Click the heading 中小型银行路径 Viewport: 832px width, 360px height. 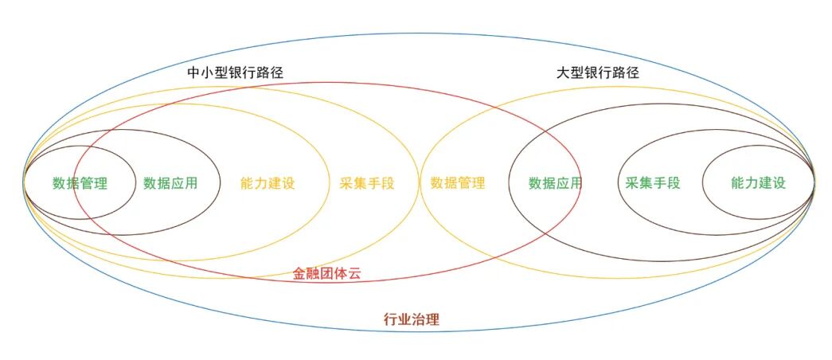click(x=235, y=72)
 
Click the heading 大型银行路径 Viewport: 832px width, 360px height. click(x=597, y=72)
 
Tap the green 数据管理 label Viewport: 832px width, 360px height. click(x=80, y=183)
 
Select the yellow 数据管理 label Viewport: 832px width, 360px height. click(x=458, y=183)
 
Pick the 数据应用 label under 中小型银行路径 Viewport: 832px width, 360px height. click(x=170, y=183)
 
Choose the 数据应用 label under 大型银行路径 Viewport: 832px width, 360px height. click(x=556, y=183)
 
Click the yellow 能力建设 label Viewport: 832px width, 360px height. click(x=268, y=183)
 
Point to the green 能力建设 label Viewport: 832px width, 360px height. click(x=758, y=183)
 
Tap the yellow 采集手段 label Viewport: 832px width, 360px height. click(x=366, y=183)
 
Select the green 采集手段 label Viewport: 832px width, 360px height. click(x=653, y=183)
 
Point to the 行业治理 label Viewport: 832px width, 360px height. click(x=411, y=320)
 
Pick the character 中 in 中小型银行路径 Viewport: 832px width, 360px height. click(x=193, y=72)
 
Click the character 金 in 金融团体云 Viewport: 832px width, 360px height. click(x=299, y=274)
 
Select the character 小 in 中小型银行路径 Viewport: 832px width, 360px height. click(x=207, y=72)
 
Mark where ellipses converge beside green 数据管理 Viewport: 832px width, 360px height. click(x=25, y=182)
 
